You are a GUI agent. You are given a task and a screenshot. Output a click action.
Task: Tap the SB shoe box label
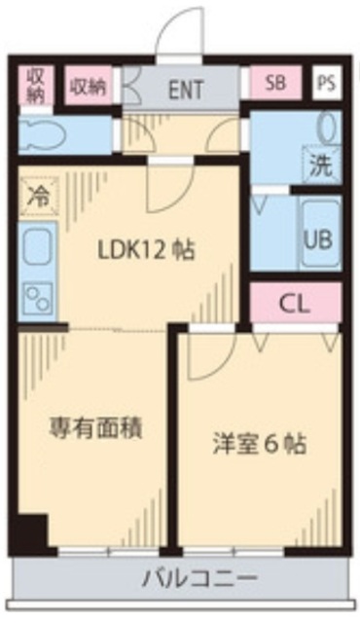click(x=276, y=85)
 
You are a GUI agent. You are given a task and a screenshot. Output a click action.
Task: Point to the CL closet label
click(x=295, y=303)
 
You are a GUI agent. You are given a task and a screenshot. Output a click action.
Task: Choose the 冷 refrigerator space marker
click(x=38, y=195)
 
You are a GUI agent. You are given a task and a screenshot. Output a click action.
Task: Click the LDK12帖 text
click(x=145, y=249)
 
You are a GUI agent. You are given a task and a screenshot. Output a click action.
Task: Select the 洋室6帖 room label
click(x=259, y=445)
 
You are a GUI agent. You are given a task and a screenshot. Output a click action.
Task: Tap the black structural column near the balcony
click(x=31, y=534)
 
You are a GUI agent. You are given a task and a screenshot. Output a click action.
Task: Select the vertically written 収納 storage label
click(x=35, y=86)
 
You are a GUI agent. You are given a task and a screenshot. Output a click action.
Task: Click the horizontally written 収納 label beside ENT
click(x=87, y=86)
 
